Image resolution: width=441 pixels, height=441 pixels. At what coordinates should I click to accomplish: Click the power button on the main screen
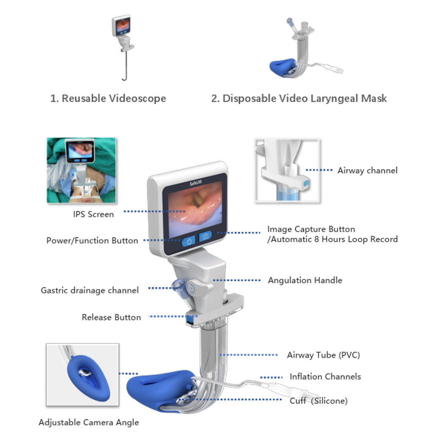189,240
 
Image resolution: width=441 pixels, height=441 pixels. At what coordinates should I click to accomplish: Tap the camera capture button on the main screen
205,236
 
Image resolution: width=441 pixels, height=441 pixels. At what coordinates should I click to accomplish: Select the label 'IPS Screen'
93,214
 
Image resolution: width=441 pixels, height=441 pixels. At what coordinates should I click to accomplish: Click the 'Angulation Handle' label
305,280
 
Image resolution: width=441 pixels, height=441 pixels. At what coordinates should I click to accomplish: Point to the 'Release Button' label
111,317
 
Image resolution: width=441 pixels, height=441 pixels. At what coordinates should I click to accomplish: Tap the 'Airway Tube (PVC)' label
323,355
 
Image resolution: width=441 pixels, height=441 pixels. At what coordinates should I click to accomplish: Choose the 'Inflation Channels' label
325,377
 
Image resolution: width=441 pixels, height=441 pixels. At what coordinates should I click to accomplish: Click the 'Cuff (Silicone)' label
319,400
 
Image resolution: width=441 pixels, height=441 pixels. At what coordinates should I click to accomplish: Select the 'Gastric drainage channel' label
90,290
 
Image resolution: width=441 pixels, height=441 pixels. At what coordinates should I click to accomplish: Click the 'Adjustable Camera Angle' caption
89,423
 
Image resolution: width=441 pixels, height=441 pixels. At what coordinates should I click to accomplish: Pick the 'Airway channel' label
367,170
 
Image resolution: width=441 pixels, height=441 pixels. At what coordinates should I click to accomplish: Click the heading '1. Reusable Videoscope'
108,98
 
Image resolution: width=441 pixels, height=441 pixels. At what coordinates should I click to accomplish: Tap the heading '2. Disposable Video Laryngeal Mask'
299,98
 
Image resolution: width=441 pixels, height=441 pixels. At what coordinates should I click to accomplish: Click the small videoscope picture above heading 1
122,45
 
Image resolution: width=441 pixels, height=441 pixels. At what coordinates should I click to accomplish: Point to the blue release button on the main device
191,320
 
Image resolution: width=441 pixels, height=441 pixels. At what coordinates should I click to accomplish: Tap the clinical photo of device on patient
81,170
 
